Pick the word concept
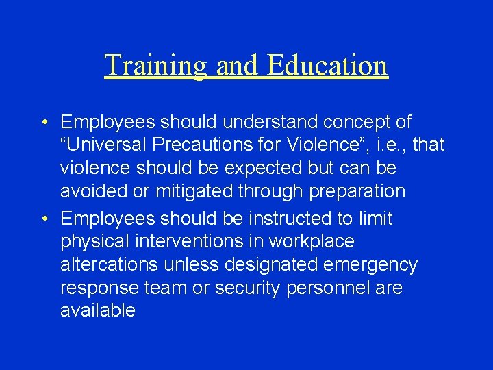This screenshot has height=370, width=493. point(358,123)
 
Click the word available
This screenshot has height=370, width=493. point(98,310)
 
